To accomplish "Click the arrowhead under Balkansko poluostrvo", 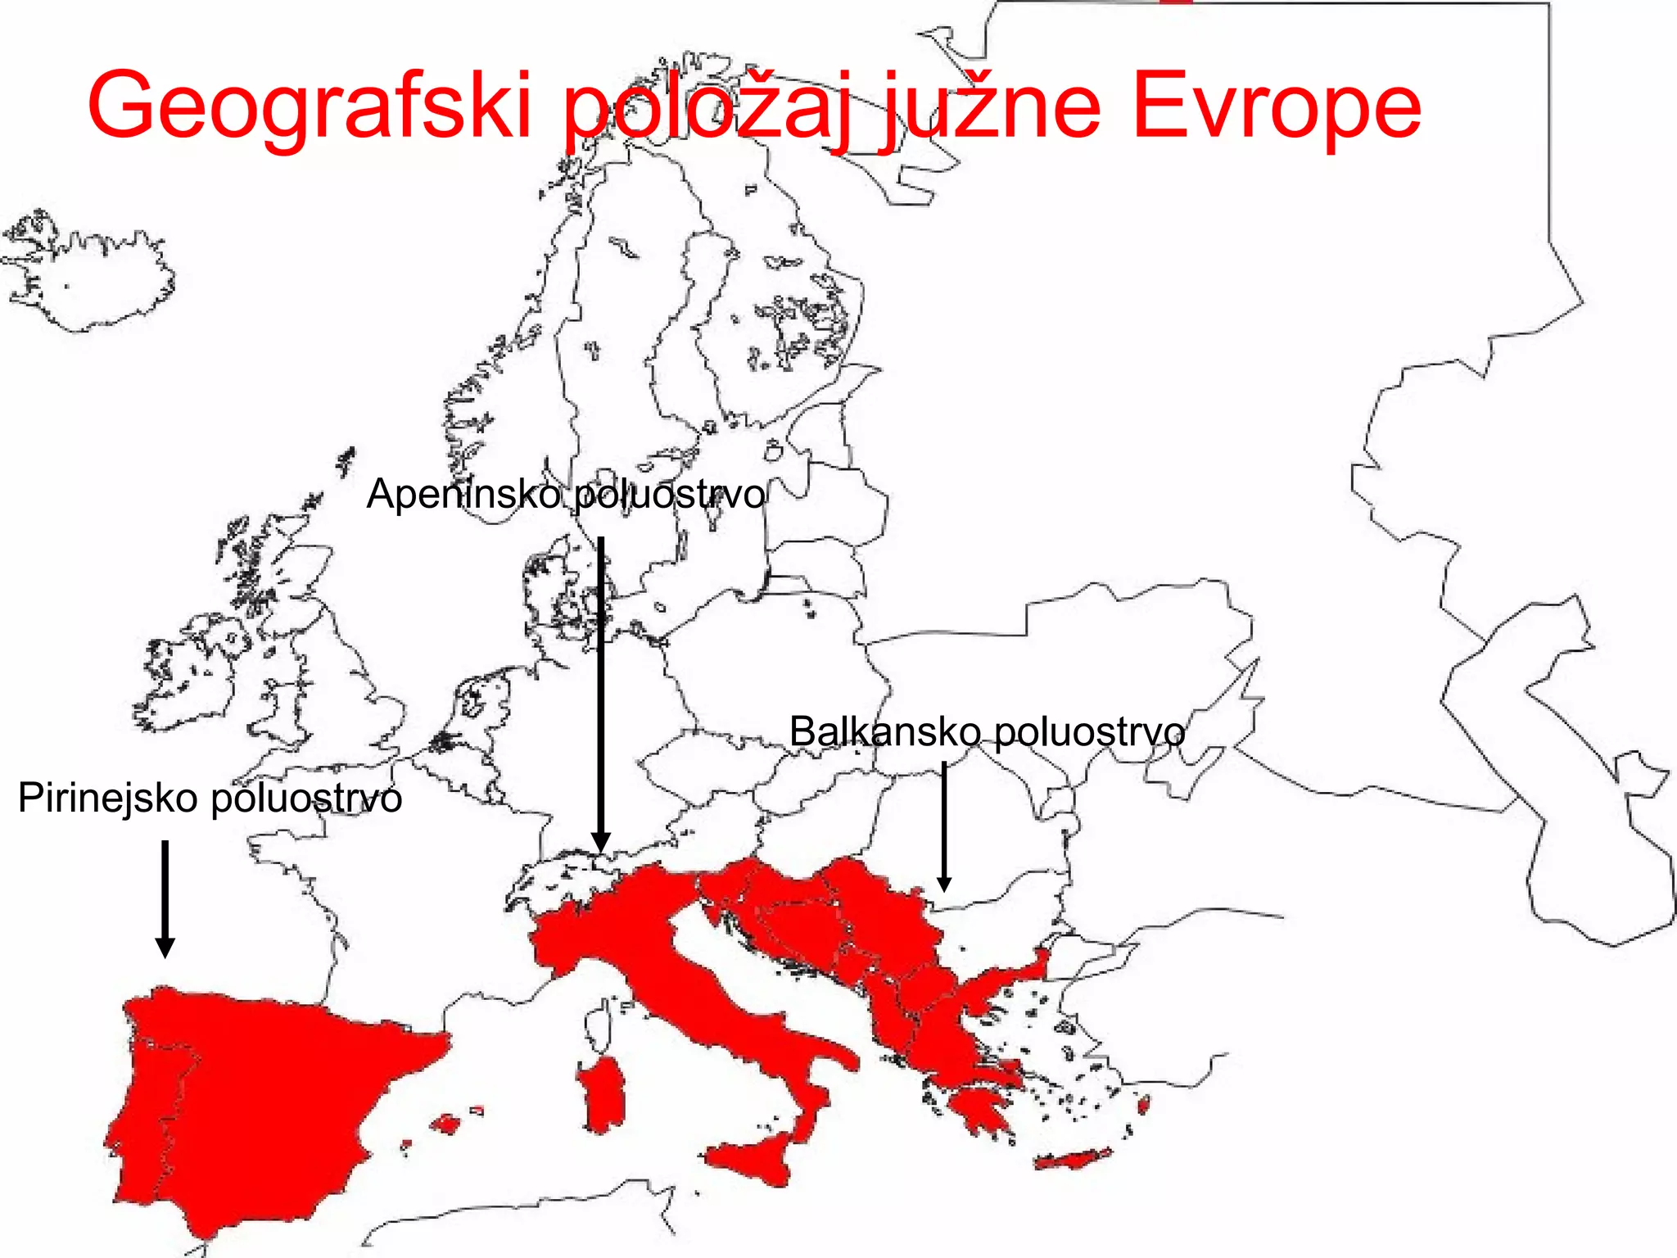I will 944,885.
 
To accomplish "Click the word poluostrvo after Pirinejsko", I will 306,798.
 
